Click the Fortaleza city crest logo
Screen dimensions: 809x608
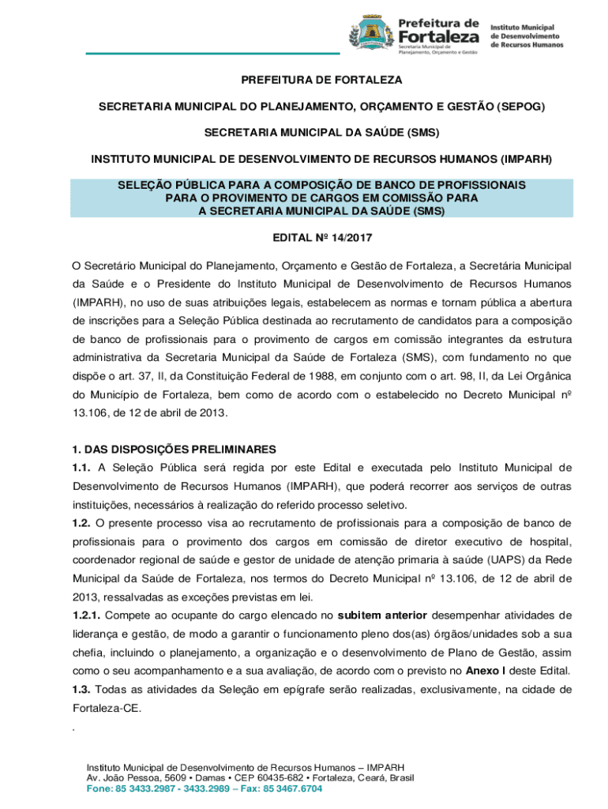click(x=370, y=34)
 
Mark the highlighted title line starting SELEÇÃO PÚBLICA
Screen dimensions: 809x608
click(x=321, y=184)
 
